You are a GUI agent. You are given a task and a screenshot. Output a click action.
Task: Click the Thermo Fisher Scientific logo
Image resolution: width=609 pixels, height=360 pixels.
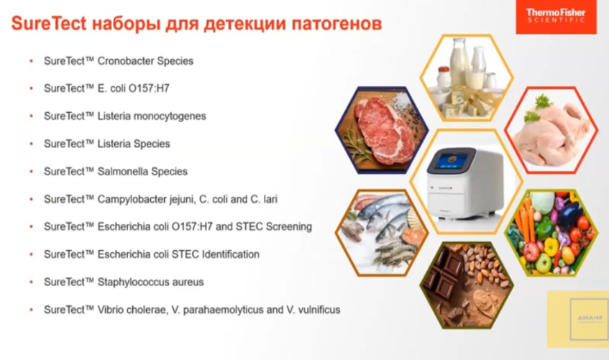tap(555, 17)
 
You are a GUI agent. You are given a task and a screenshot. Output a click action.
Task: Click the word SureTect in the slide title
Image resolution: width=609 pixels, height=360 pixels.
tap(47, 24)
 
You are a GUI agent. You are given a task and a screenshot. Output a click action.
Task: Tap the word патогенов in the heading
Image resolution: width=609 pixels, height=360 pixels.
tap(334, 24)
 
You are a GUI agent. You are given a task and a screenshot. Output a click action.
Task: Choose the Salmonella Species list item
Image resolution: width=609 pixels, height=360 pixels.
tap(115, 172)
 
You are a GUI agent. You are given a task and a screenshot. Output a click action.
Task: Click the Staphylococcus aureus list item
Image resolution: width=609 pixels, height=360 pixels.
tap(123, 282)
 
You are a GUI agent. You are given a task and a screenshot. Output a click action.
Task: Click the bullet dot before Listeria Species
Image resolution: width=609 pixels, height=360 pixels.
tap(31, 144)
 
